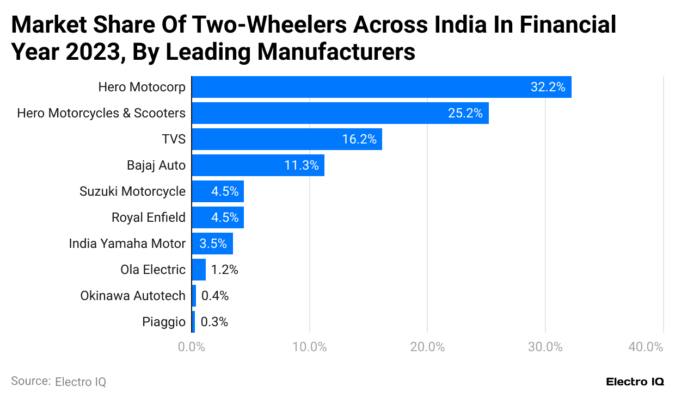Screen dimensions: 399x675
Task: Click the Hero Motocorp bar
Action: tap(381, 87)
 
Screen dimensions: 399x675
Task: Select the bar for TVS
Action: tap(286, 139)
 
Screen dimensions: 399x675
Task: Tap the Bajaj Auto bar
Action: tap(257, 165)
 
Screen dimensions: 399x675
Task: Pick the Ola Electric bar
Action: tap(199, 270)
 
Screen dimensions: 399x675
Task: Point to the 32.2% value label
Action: tap(548, 87)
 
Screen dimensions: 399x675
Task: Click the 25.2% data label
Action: tap(465, 113)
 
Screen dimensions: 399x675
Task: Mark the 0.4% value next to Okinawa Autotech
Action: tap(215, 296)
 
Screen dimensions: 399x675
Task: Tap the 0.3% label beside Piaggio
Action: tap(214, 322)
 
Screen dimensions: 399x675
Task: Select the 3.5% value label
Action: tap(213, 244)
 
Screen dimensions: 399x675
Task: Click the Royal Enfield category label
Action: tap(148, 217)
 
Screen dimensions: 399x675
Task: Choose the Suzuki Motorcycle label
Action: tap(132, 191)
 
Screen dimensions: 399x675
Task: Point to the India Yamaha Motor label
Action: tap(127, 244)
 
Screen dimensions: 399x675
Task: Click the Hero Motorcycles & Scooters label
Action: tap(101, 113)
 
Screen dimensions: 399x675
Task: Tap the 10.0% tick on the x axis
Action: tap(309, 347)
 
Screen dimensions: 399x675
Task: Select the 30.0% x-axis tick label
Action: tap(545, 347)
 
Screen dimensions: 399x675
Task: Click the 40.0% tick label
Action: tap(646, 347)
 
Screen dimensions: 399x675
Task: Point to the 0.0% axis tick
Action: tap(192, 347)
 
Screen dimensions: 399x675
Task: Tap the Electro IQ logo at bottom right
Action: tap(635, 382)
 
